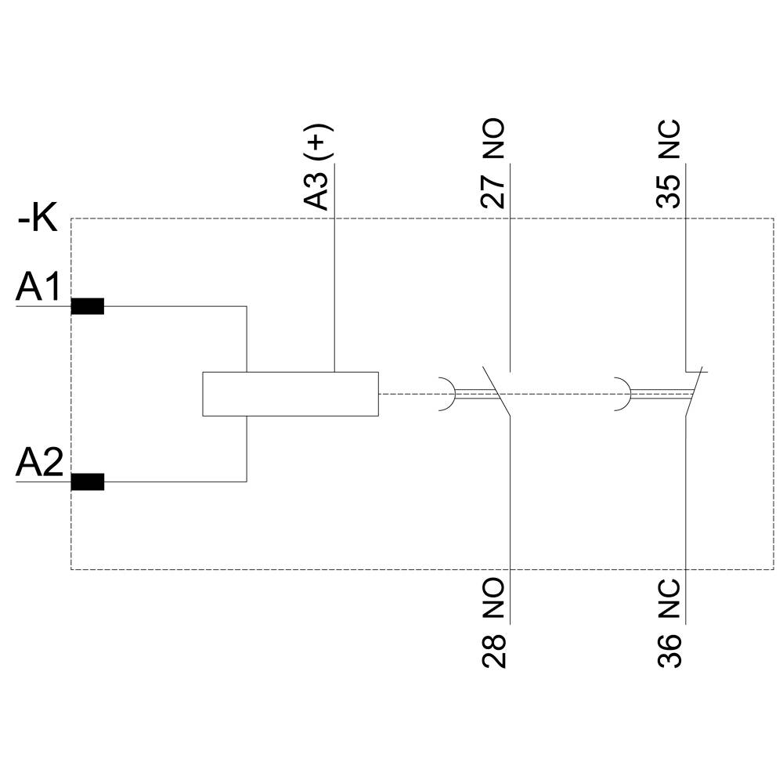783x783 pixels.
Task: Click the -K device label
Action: pos(38,218)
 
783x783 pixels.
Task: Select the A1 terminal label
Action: pos(38,289)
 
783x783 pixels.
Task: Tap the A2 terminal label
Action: pos(38,464)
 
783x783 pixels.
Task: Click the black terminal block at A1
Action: pos(87,306)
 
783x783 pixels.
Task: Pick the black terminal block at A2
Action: pos(87,482)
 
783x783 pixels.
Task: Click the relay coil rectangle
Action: pos(290,394)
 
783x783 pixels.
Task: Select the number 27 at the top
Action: pos(493,191)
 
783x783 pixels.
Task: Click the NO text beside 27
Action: pos(493,141)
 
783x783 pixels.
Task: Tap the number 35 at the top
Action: pos(669,191)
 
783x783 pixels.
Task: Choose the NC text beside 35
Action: pos(669,142)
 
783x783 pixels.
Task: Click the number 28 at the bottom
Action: pos(494,651)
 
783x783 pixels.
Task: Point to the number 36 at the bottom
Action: pos(669,651)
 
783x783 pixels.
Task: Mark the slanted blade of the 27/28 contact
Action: pos(498,391)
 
